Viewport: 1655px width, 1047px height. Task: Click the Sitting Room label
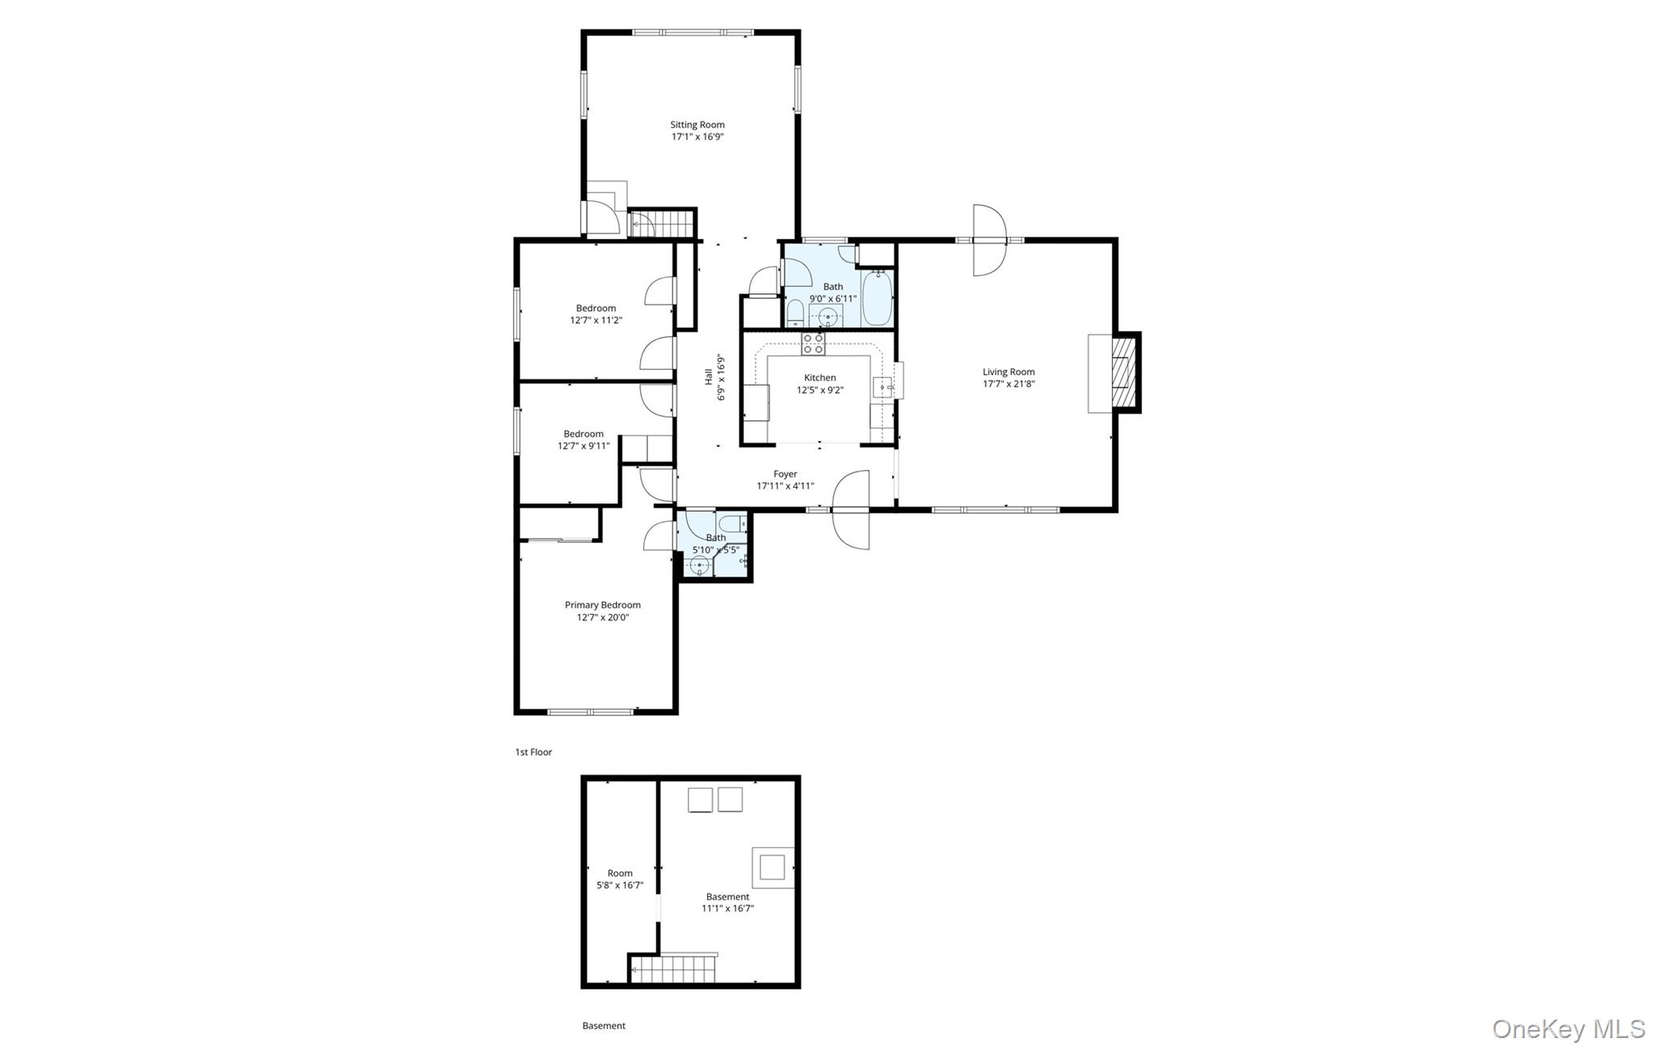point(697,124)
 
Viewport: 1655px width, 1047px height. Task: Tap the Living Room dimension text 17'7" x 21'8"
point(1009,385)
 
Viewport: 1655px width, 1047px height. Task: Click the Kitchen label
point(819,377)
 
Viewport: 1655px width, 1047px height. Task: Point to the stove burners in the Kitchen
point(813,344)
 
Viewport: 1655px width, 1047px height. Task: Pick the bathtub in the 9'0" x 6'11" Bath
point(878,298)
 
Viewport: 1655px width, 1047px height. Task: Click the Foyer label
point(785,474)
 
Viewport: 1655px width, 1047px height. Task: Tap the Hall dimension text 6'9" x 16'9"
point(720,377)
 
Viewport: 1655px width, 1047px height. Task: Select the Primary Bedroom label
point(602,605)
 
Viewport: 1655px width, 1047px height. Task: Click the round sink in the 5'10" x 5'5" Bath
point(699,566)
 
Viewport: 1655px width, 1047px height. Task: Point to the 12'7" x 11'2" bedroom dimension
point(596,320)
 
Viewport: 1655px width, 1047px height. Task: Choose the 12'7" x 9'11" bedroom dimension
point(583,446)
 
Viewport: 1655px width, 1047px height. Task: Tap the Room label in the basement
point(620,873)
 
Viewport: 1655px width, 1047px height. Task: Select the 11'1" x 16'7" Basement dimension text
point(727,909)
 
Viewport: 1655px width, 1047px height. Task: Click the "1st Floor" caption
point(533,752)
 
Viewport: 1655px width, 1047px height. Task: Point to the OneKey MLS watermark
point(1568,1028)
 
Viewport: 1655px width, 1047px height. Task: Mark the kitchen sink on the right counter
point(882,388)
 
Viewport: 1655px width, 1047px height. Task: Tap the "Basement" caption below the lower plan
point(604,1026)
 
